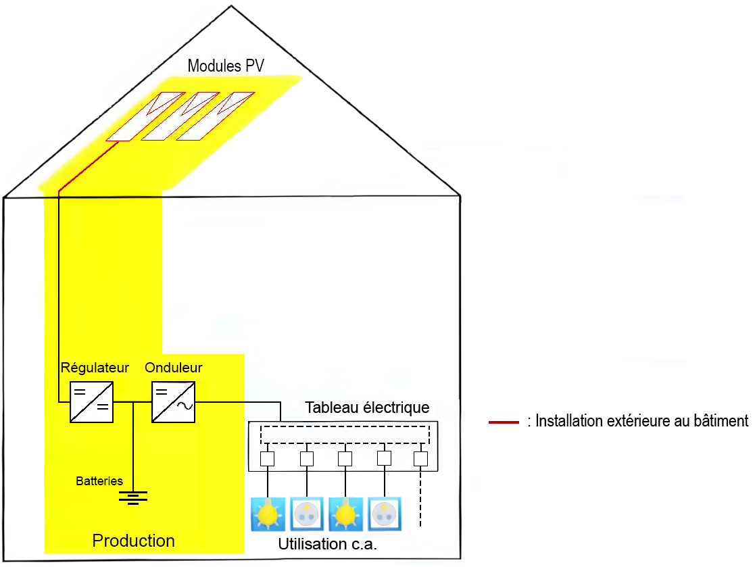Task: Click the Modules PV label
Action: point(225,66)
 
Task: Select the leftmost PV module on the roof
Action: point(145,117)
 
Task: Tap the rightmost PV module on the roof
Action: point(215,117)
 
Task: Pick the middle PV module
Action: point(180,117)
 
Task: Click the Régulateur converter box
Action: point(91,402)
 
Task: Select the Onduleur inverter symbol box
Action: point(174,402)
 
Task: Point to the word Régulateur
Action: point(95,368)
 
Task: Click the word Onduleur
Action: point(173,368)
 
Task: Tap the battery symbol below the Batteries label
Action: point(133,498)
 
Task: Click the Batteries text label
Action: point(99,481)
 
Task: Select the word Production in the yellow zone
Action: point(133,541)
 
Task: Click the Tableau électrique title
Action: point(367,408)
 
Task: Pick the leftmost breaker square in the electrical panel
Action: point(268,459)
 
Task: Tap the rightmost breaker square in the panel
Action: point(421,459)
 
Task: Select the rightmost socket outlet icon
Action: point(385,514)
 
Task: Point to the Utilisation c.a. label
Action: point(328,545)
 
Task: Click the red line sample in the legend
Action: point(503,422)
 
